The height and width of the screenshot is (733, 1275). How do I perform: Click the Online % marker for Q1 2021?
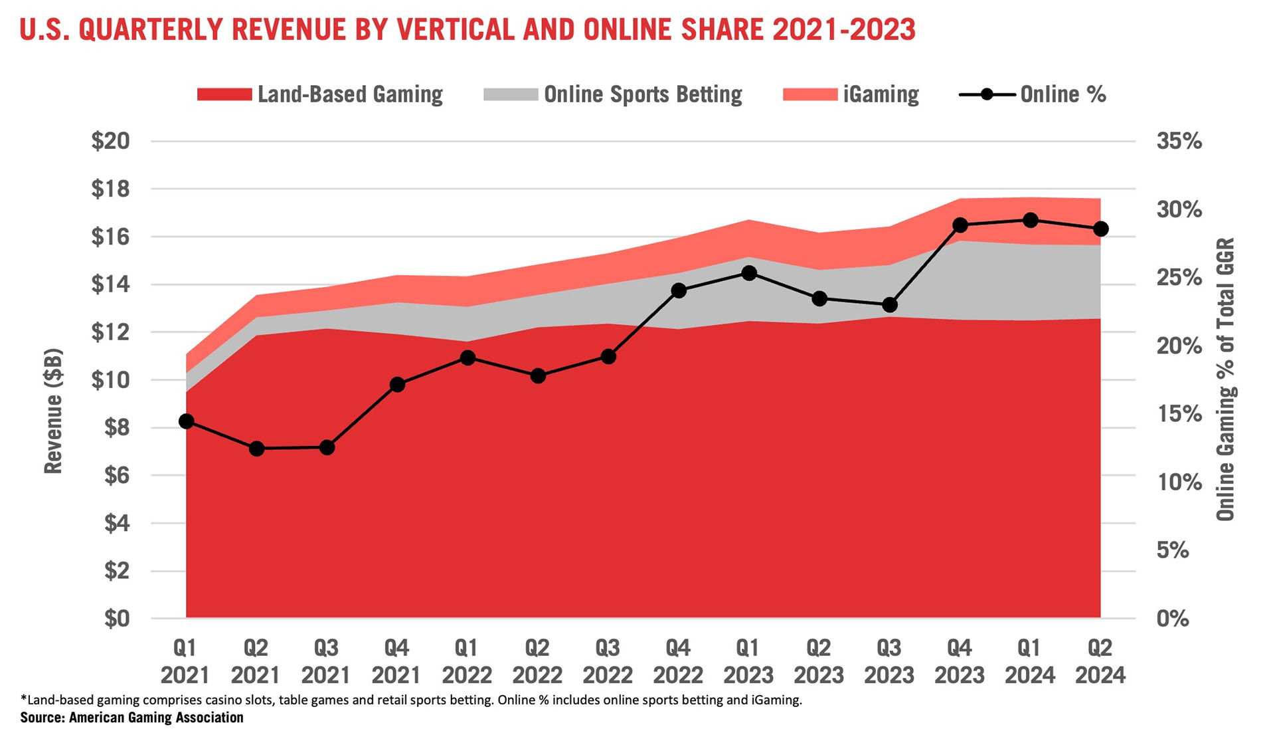click(187, 421)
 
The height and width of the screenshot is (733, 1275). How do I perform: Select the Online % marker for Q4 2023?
click(960, 225)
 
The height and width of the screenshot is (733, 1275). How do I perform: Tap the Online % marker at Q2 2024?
click(1100, 229)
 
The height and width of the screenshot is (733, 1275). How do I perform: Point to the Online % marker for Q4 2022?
click(679, 290)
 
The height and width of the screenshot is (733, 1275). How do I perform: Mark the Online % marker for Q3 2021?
click(327, 448)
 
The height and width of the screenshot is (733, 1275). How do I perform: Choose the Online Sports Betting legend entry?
click(613, 94)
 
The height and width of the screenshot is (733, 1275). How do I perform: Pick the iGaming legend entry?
click(851, 94)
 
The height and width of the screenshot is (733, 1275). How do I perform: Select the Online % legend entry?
click(1033, 94)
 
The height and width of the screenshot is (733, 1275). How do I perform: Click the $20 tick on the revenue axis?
click(110, 141)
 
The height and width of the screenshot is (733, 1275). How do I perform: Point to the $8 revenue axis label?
click(117, 427)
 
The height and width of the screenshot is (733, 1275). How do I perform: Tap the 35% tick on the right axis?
click(1179, 141)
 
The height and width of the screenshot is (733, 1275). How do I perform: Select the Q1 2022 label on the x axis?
click(467, 661)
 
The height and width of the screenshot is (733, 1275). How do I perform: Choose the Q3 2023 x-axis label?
click(889, 661)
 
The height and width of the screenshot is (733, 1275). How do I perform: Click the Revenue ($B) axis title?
click(53, 411)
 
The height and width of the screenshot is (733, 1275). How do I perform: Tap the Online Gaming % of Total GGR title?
click(1225, 379)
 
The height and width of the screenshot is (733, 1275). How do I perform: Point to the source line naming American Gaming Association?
click(132, 718)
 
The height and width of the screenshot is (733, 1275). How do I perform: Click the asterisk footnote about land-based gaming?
click(411, 700)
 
